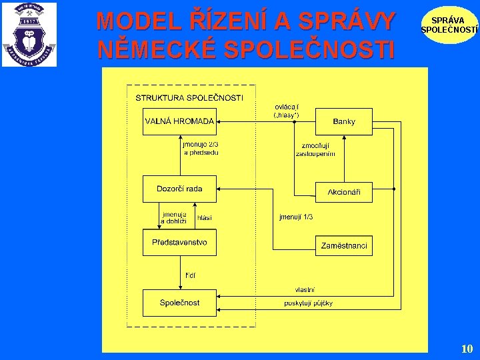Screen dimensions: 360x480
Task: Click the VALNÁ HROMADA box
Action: pos(179,121)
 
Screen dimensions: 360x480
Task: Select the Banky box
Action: pos(343,121)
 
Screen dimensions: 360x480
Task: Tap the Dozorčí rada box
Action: pos(179,189)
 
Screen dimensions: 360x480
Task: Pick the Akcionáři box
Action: pos(343,192)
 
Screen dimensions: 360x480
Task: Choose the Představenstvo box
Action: pos(179,242)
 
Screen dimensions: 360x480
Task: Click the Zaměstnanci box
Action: pos(343,245)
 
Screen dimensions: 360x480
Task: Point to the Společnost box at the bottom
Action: pos(179,303)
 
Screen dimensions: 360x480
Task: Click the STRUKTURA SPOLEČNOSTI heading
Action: pos(189,98)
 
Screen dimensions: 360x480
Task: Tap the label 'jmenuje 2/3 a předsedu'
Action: pos(201,147)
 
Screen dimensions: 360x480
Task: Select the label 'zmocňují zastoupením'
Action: pos(316,149)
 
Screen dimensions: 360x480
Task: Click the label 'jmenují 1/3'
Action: pos(296,217)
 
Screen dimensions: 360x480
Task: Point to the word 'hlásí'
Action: pos(205,217)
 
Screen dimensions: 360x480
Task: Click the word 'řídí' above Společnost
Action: pos(191,275)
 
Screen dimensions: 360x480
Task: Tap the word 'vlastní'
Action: pos(305,289)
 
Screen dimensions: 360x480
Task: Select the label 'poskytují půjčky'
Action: pos(308,303)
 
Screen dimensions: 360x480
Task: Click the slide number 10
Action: pos(467,349)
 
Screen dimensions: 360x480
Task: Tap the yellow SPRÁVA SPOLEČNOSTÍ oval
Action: pos(449,25)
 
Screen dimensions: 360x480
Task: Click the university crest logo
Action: pos(29,35)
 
